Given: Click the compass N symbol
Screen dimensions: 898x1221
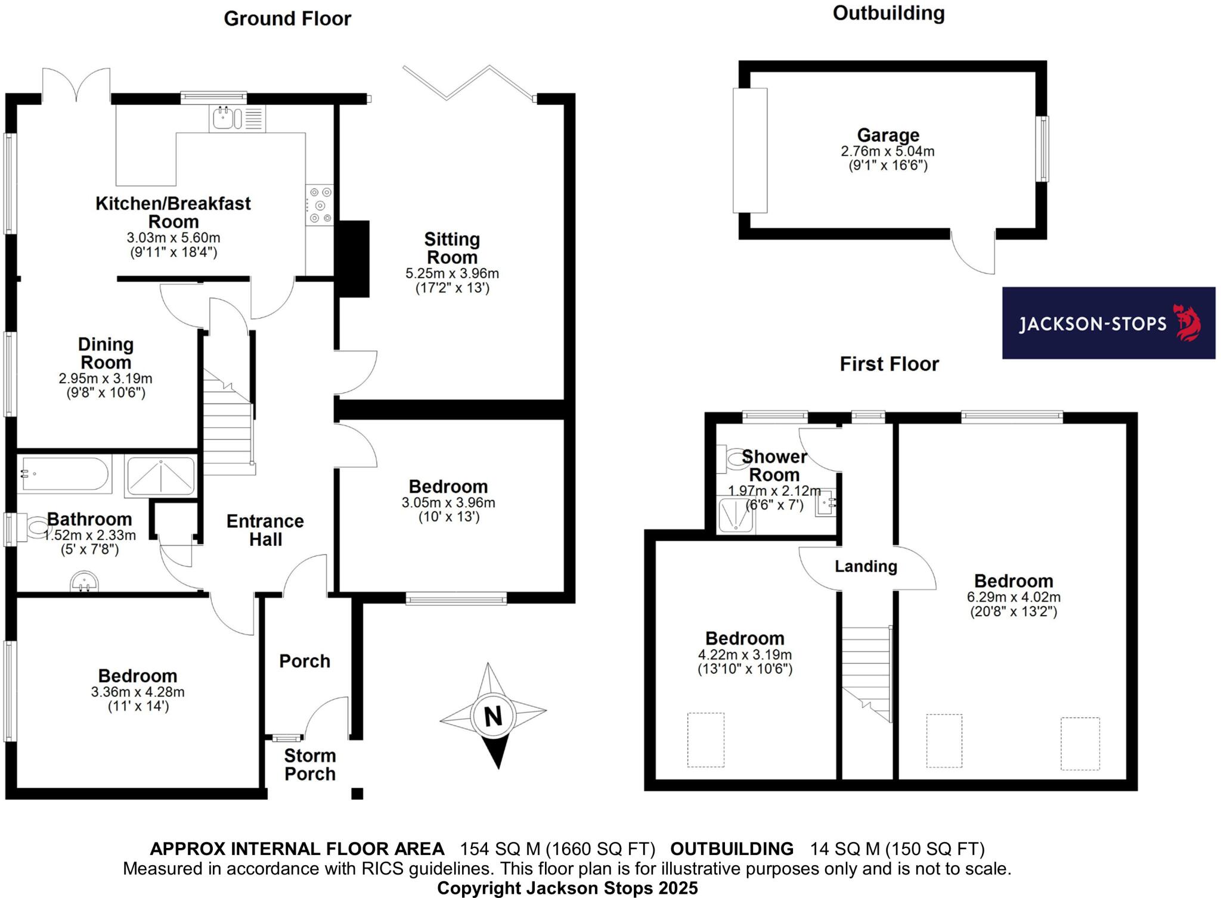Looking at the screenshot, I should click(x=492, y=716).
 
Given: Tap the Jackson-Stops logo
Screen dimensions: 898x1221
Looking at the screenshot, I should click(x=1108, y=323).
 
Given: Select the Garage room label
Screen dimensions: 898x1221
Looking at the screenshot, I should click(x=888, y=136).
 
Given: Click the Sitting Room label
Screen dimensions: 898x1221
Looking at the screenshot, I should click(x=452, y=248).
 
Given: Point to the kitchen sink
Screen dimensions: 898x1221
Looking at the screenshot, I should click(x=225, y=118).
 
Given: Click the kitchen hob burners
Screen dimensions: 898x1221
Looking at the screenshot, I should click(x=320, y=206).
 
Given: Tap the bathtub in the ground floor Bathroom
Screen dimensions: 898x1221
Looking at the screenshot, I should click(x=64, y=474).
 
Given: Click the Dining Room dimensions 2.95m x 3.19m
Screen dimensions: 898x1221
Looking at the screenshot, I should click(x=106, y=379).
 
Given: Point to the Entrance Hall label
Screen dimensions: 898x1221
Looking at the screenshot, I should click(x=265, y=530).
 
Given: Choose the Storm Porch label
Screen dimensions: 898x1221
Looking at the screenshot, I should click(x=310, y=765).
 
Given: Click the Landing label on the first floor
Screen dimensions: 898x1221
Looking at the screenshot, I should click(x=866, y=566).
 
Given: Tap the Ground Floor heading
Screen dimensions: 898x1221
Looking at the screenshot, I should click(x=287, y=19).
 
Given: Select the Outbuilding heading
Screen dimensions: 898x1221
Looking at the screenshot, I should click(x=888, y=13).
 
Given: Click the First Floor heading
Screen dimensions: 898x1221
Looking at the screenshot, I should click(x=889, y=363).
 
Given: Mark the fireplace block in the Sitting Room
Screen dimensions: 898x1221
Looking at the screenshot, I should click(x=353, y=259).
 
